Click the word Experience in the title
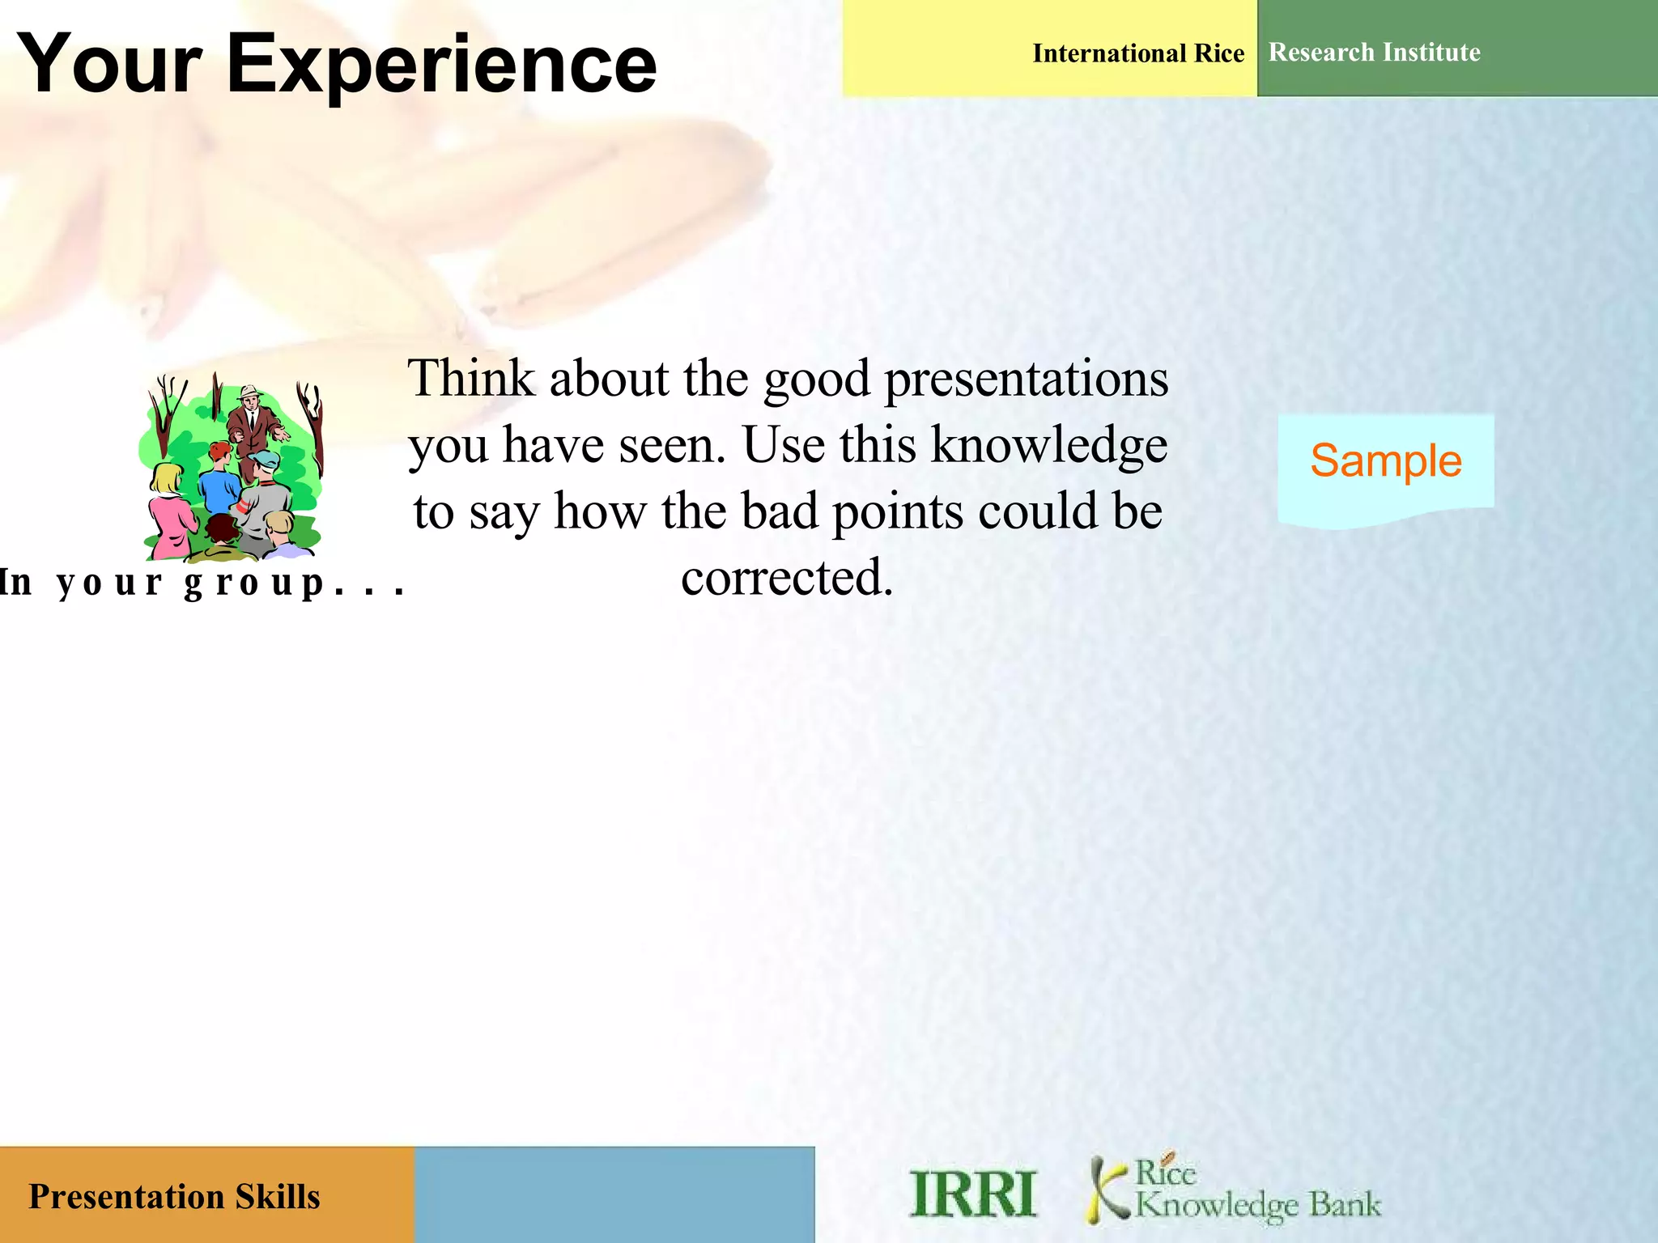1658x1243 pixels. coord(441,65)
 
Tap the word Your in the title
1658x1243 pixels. coord(109,65)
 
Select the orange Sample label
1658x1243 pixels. coord(1385,461)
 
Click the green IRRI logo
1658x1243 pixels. coord(972,1194)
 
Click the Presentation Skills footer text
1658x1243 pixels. coord(174,1197)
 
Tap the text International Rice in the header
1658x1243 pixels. coord(1137,53)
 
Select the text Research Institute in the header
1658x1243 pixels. coord(1374,53)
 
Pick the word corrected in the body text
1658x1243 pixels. coord(786,578)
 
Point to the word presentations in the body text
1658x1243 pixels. coord(1026,379)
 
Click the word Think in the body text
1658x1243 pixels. coord(470,379)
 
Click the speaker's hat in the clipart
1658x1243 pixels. coord(250,392)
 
